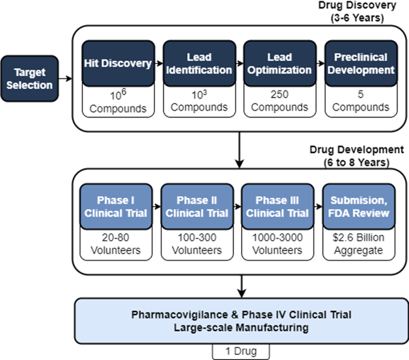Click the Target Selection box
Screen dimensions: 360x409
point(30,78)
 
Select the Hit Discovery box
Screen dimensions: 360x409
point(118,63)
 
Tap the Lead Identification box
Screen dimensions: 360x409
point(199,63)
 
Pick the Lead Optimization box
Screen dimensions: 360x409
point(280,63)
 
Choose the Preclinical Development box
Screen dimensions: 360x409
point(361,63)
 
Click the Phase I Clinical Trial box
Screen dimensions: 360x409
point(116,207)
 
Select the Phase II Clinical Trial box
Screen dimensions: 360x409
point(197,207)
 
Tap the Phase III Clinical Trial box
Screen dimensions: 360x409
point(277,207)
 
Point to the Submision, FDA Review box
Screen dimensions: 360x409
point(359,207)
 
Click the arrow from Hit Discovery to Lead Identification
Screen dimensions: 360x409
point(159,63)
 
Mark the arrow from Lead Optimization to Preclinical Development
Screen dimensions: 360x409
point(321,63)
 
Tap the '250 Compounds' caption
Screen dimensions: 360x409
point(280,101)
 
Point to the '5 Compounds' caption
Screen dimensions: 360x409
point(361,101)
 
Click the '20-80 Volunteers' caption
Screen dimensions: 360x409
point(116,244)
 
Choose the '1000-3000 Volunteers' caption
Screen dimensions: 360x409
point(277,244)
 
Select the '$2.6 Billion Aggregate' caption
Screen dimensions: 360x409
point(359,244)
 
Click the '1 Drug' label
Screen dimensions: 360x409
point(241,351)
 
